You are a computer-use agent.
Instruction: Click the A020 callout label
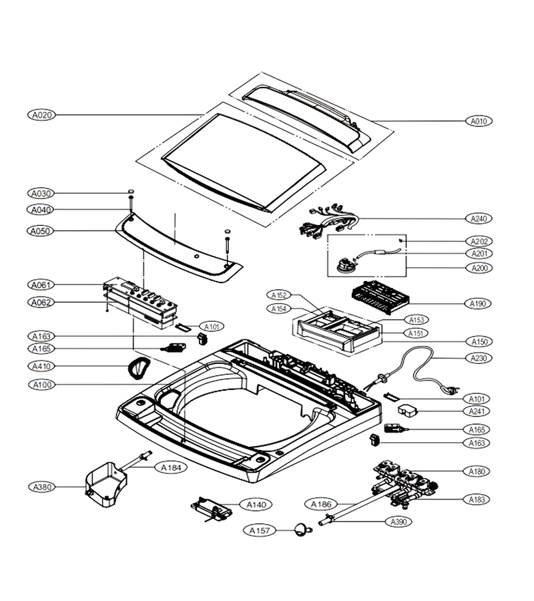click(42, 115)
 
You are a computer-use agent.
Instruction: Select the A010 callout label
click(479, 121)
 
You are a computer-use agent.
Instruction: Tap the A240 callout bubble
click(479, 218)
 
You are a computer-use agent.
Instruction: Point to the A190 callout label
click(478, 304)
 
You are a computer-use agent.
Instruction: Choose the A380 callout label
click(42, 487)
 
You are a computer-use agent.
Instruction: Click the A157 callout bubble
click(260, 530)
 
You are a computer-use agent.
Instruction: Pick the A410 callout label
click(41, 367)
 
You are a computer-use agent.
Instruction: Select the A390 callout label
click(398, 522)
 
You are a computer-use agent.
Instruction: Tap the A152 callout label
click(279, 295)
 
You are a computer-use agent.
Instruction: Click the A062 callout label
click(41, 303)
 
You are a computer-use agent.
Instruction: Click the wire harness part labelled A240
click(328, 222)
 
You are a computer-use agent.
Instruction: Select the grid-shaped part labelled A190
click(380, 297)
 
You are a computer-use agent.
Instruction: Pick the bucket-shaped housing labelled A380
click(105, 481)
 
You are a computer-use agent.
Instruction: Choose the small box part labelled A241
click(408, 411)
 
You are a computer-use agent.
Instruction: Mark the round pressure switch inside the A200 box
click(344, 265)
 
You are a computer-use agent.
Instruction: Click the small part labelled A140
click(212, 510)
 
